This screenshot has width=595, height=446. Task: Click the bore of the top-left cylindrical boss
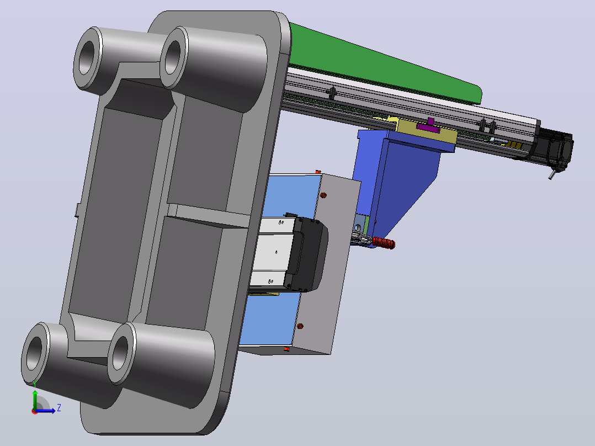[x=87, y=57]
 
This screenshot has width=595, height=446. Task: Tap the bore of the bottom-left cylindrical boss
[x=35, y=353]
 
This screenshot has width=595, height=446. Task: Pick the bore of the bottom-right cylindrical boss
[x=121, y=353]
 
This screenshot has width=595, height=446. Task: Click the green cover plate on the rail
[x=383, y=65]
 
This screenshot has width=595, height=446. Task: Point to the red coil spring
[x=384, y=242]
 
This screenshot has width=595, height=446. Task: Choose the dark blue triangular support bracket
[x=399, y=182]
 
